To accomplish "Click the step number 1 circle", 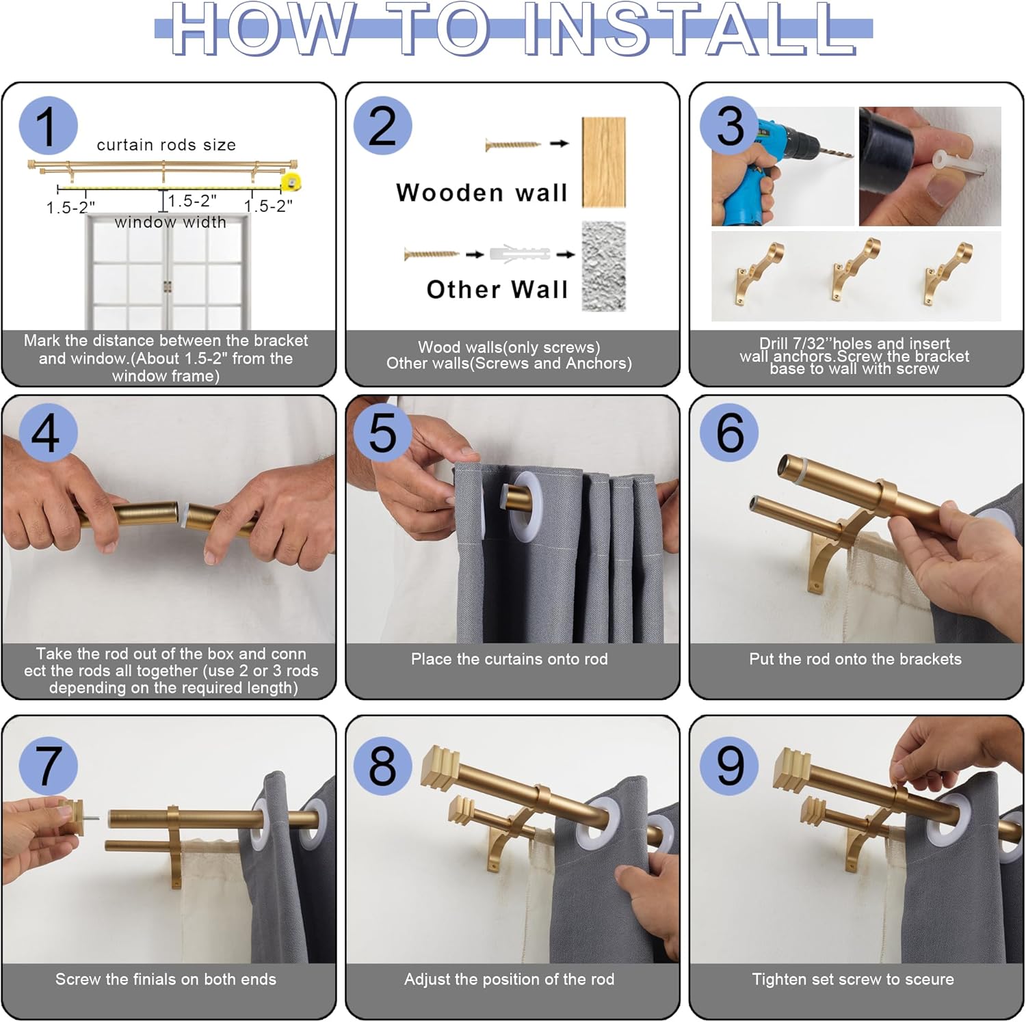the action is click(49, 126).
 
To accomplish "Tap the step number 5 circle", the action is click(382, 432).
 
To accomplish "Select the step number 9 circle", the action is click(730, 766).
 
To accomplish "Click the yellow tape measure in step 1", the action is click(292, 183).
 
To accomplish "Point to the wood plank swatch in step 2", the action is click(603, 162).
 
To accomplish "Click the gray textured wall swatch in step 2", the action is click(603, 266).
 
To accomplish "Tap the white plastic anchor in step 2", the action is click(520, 254).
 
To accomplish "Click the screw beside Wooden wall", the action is click(513, 144).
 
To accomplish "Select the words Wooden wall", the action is click(482, 193).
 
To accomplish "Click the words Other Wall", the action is click(497, 289).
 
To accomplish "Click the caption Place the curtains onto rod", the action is click(509, 659).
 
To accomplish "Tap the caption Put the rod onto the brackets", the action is click(855, 659).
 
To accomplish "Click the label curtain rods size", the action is click(166, 145).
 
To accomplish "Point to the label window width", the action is click(170, 222).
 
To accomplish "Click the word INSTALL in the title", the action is click(689, 30).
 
